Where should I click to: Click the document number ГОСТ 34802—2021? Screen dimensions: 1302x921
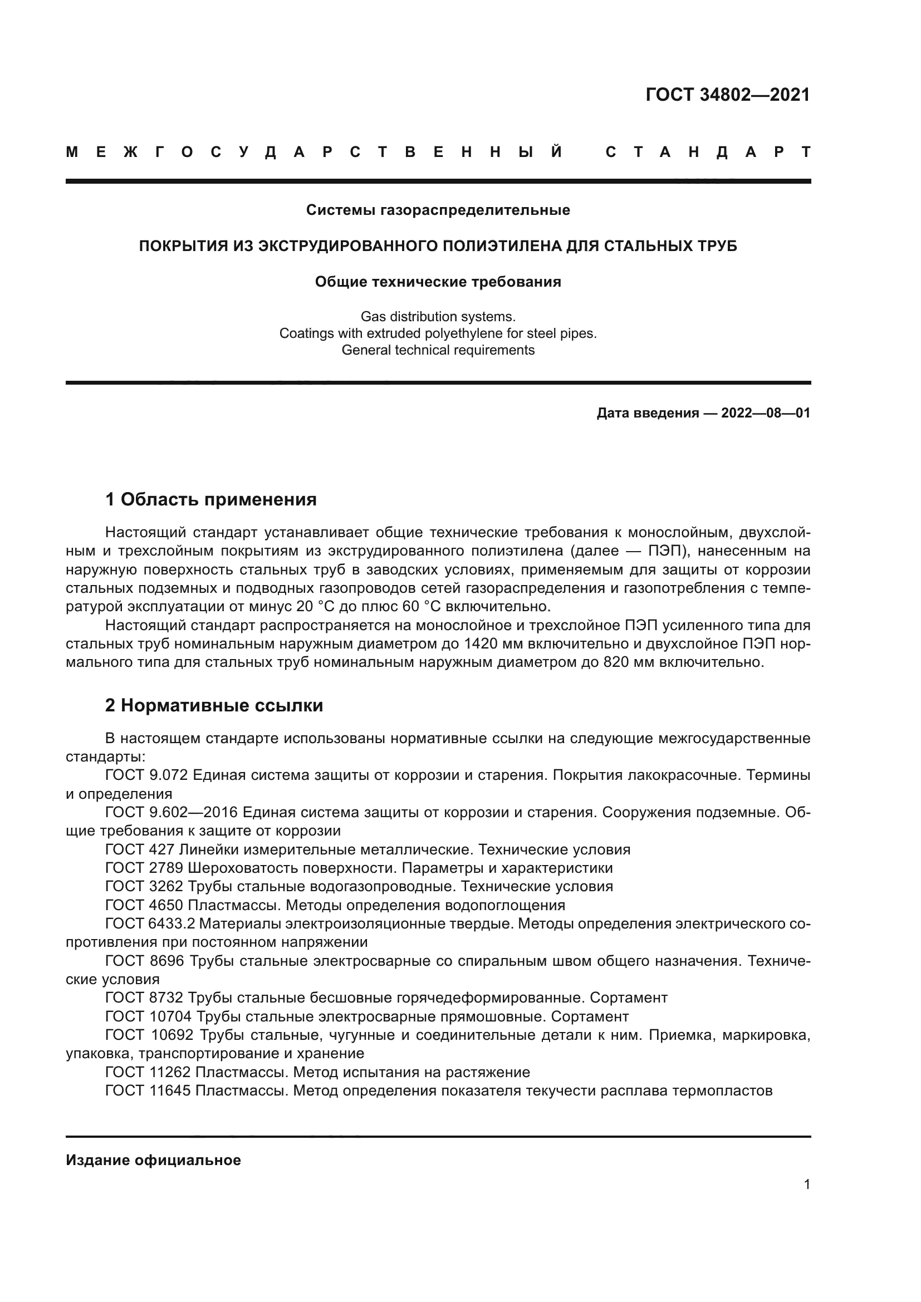pos(728,95)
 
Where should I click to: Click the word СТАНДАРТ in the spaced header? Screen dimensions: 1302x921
pos(708,152)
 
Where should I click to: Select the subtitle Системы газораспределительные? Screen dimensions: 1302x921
pos(438,210)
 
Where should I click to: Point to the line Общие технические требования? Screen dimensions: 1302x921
pos(438,282)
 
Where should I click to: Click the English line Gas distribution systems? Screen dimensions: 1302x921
pos(438,316)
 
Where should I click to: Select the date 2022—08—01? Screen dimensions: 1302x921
pos(766,413)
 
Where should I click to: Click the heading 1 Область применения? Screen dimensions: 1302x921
pos(211,499)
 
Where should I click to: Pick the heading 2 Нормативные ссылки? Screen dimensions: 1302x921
pos(214,705)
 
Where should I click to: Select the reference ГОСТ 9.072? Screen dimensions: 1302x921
pos(147,775)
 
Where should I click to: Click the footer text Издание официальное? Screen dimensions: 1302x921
pos(153,1160)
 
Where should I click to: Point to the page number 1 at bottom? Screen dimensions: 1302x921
pos(807,1184)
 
